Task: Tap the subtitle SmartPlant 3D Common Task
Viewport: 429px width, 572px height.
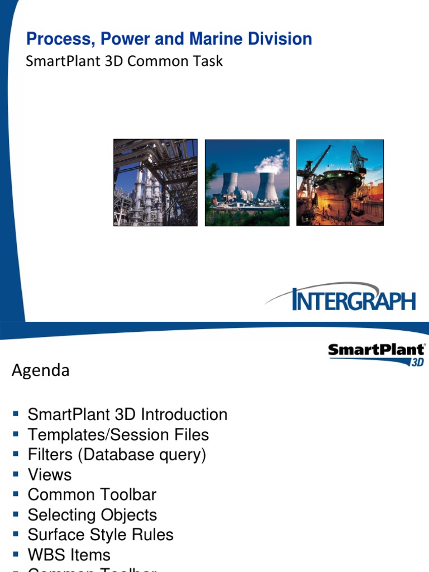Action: (124, 61)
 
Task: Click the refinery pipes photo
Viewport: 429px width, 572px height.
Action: (155, 183)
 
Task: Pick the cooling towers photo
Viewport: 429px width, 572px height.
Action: (247, 183)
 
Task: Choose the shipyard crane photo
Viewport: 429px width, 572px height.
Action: (340, 183)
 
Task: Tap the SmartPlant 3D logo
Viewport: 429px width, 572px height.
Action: (376, 354)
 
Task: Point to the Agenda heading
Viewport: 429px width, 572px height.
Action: (41, 370)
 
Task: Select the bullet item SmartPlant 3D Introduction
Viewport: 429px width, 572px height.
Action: (127, 414)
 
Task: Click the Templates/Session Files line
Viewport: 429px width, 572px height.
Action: (118, 435)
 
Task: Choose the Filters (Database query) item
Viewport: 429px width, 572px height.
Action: (117, 455)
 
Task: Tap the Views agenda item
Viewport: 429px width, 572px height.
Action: (50, 475)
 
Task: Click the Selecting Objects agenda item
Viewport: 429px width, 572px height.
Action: (92, 515)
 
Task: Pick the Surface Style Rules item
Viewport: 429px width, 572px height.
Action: (101, 535)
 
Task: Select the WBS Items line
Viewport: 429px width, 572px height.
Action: (69, 555)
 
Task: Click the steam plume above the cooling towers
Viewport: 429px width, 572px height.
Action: (271, 163)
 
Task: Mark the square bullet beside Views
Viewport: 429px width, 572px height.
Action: (16, 475)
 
